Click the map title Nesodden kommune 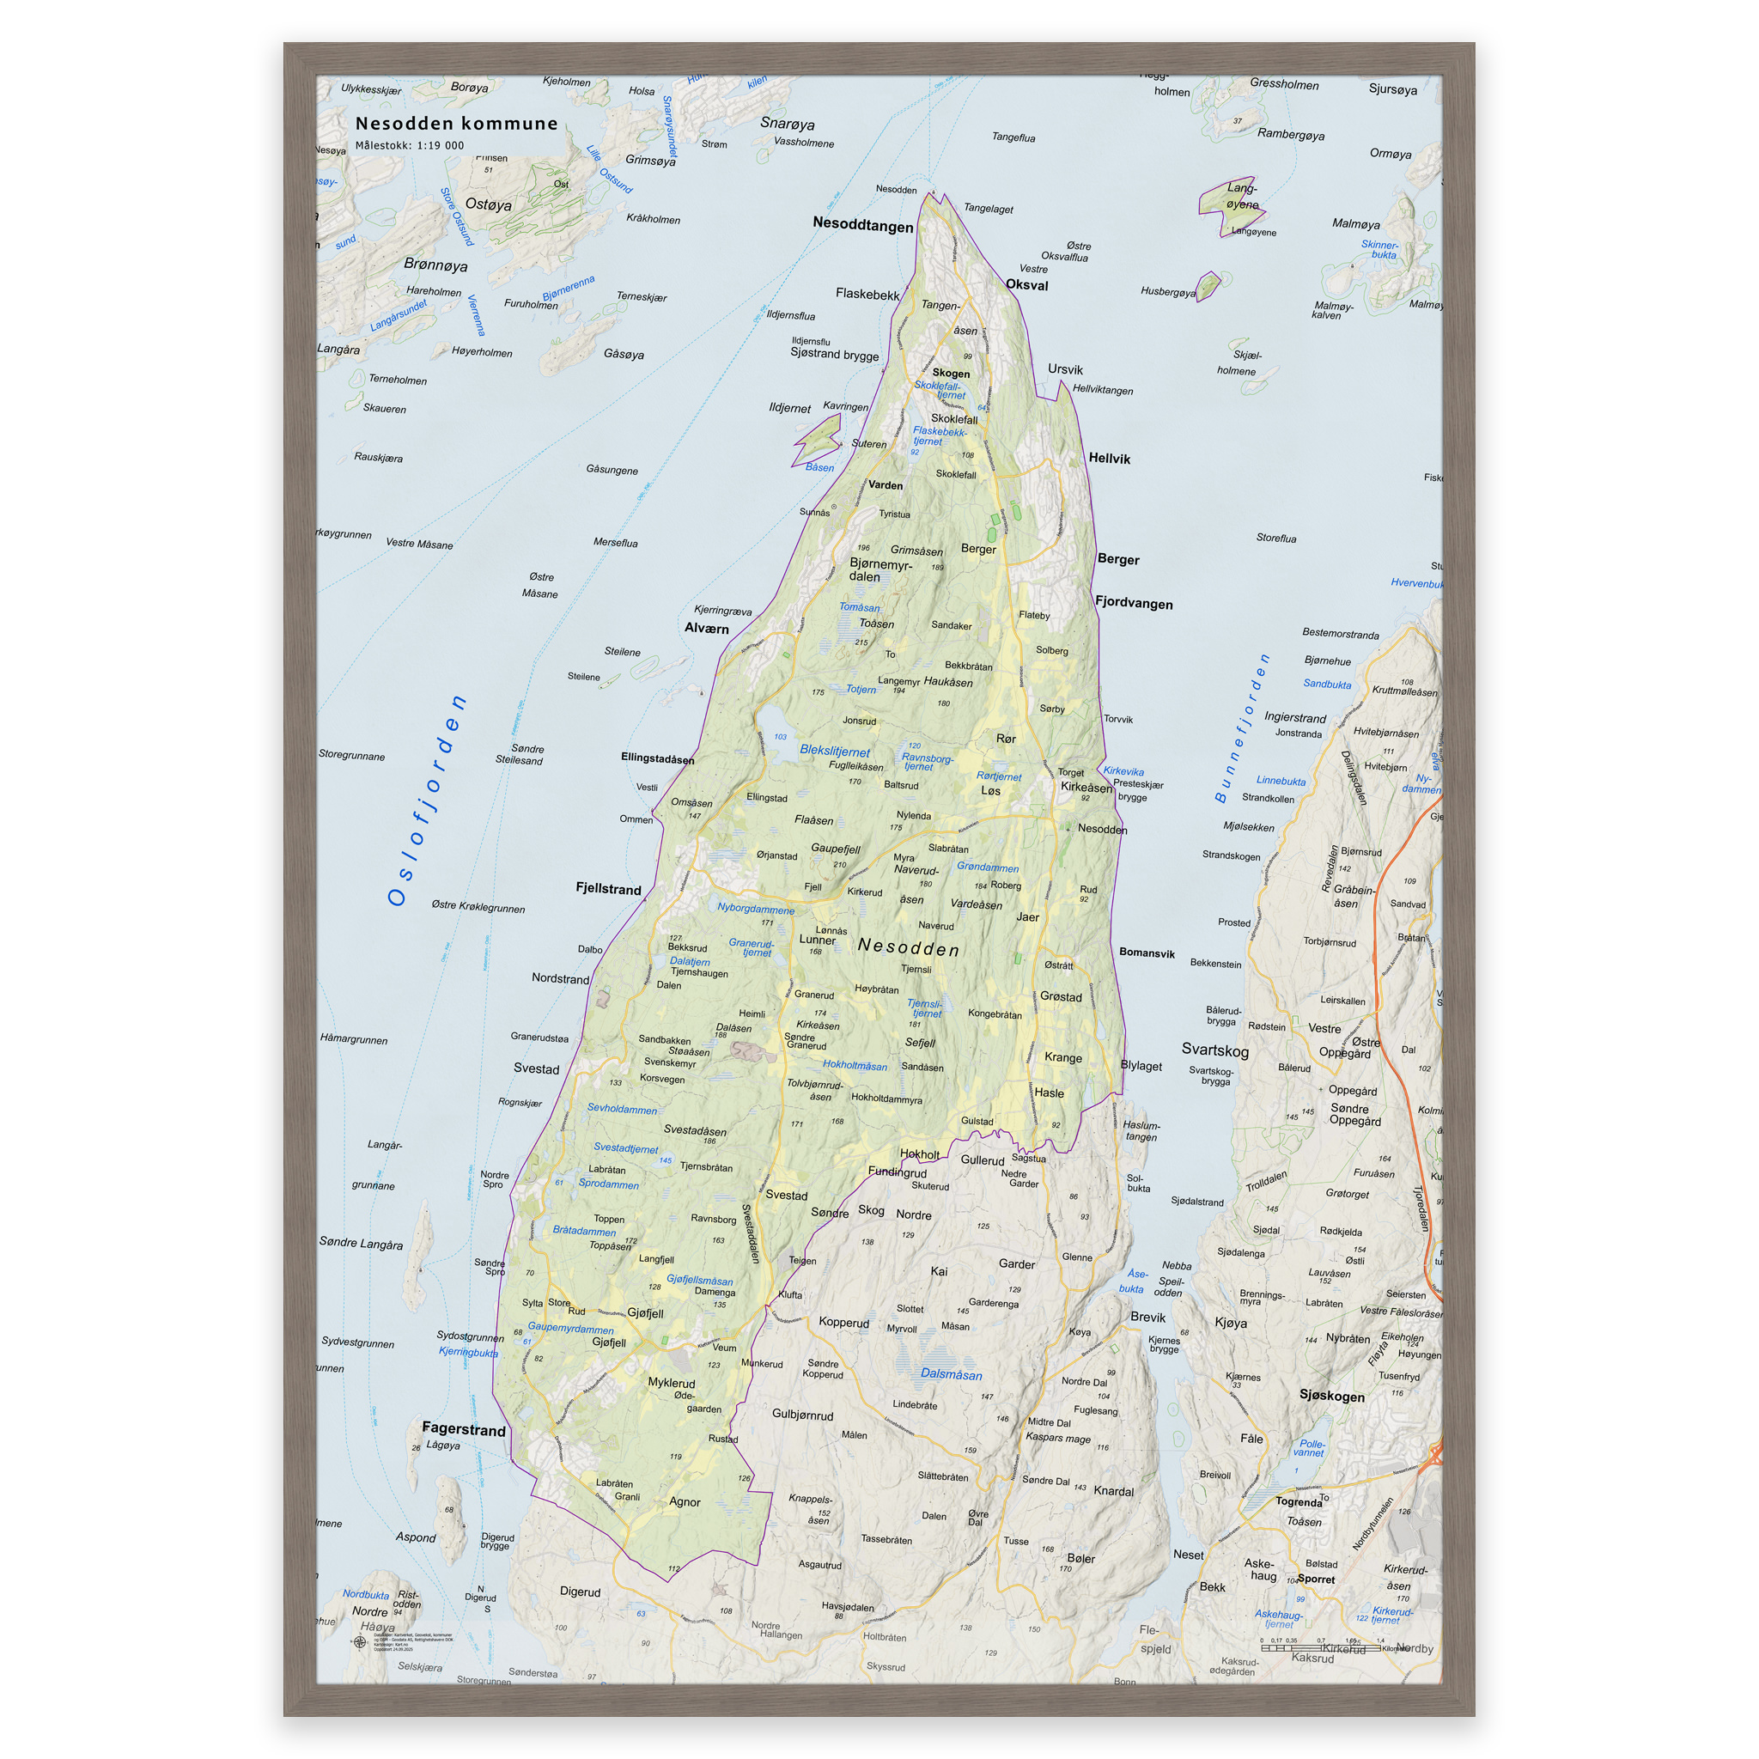456,124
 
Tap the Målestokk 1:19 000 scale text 410,146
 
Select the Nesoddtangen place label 862,225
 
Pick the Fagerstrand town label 464,1429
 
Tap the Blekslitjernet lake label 835,752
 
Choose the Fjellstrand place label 608,889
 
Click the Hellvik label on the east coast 1109,458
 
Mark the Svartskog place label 1214,1050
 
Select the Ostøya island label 488,205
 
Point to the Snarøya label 788,124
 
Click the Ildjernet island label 789,408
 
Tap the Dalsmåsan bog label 952,1375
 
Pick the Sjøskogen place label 1331,1396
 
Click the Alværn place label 707,628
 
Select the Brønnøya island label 435,265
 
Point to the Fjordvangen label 1134,603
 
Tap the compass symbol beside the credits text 360,1642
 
